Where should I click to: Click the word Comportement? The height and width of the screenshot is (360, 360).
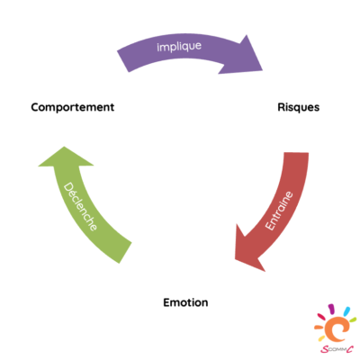pyautogui.click(x=73, y=107)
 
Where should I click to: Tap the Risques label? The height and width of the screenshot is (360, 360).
pyautogui.click(x=299, y=107)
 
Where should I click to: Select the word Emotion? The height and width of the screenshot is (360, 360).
pyautogui.click(x=185, y=302)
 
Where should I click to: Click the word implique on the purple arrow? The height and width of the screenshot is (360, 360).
pyautogui.click(x=179, y=47)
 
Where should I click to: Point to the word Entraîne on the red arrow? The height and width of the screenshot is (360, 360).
pyautogui.click(x=279, y=211)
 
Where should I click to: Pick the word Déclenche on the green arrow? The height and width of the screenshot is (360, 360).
pyautogui.click(x=80, y=207)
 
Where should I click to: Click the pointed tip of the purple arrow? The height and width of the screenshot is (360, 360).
pyautogui.click(x=262, y=70)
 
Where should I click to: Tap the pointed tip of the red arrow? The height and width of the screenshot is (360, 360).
pyautogui.click(x=235, y=258)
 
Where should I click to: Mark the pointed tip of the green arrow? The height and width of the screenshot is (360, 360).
pyautogui.click(x=64, y=147)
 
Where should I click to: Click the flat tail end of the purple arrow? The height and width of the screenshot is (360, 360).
pyautogui.click(x=123, y=61)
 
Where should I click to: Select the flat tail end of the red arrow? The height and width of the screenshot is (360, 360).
pyautogui.click(x=296, y=153)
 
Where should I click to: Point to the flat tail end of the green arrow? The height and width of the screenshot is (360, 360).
pyautogui.click(x=125, y=253)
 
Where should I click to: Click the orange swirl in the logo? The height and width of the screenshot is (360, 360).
pyautogui.click(x=337, y=329)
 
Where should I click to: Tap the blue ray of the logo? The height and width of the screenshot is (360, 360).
pyautogui.click(x=346, y=311)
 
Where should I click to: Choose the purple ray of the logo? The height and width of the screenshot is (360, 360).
pyautogui.click(x=331, y=309)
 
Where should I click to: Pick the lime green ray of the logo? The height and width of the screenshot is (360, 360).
pyautogui.click(x=353, y=319)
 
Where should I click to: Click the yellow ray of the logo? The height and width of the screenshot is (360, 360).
pyautogui.click(x=321, y=338)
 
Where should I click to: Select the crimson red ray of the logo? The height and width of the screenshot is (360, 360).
pyautogui.click(x=321, y=317)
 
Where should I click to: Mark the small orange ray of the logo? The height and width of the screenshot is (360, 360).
pyautogui.click(x=318, y=328)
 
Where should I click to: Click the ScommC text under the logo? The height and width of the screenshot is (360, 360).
pyautogui.click(x=337, y=349)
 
